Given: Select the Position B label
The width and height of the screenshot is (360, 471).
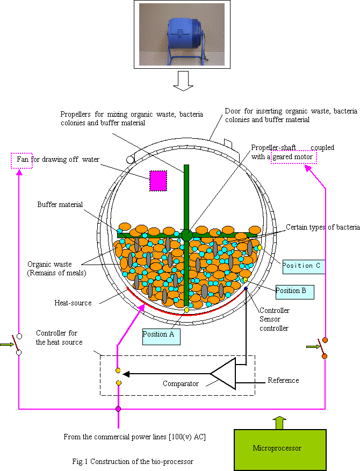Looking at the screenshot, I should pos(294,291).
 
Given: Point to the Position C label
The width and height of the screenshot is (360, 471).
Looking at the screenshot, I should pos(304,266).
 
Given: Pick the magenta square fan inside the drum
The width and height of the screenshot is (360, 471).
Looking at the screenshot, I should pos(158,181).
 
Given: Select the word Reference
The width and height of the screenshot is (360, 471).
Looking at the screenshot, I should pos(283,381).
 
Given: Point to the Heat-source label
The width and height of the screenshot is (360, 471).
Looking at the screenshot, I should pos(73,303).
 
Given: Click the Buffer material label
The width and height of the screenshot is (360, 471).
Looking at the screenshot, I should pos(60,205).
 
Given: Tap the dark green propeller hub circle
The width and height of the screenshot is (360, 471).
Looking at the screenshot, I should pos(186,234).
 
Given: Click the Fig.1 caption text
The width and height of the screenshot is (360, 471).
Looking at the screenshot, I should pos(133,461).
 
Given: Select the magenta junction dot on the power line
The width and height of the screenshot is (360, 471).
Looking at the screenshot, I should pos(118,409).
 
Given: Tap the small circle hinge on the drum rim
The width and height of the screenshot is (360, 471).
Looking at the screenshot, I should pos(130,160).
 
